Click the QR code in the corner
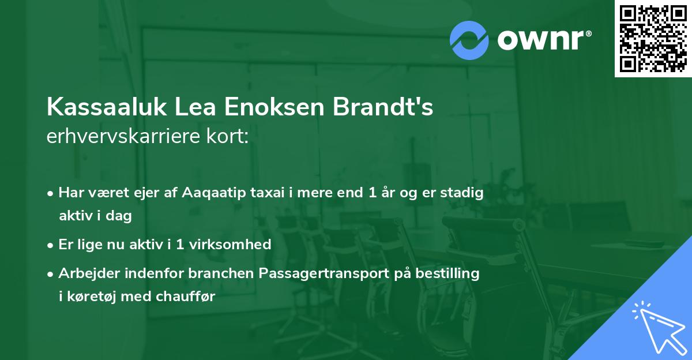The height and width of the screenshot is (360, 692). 653,39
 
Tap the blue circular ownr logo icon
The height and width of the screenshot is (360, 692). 469,39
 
